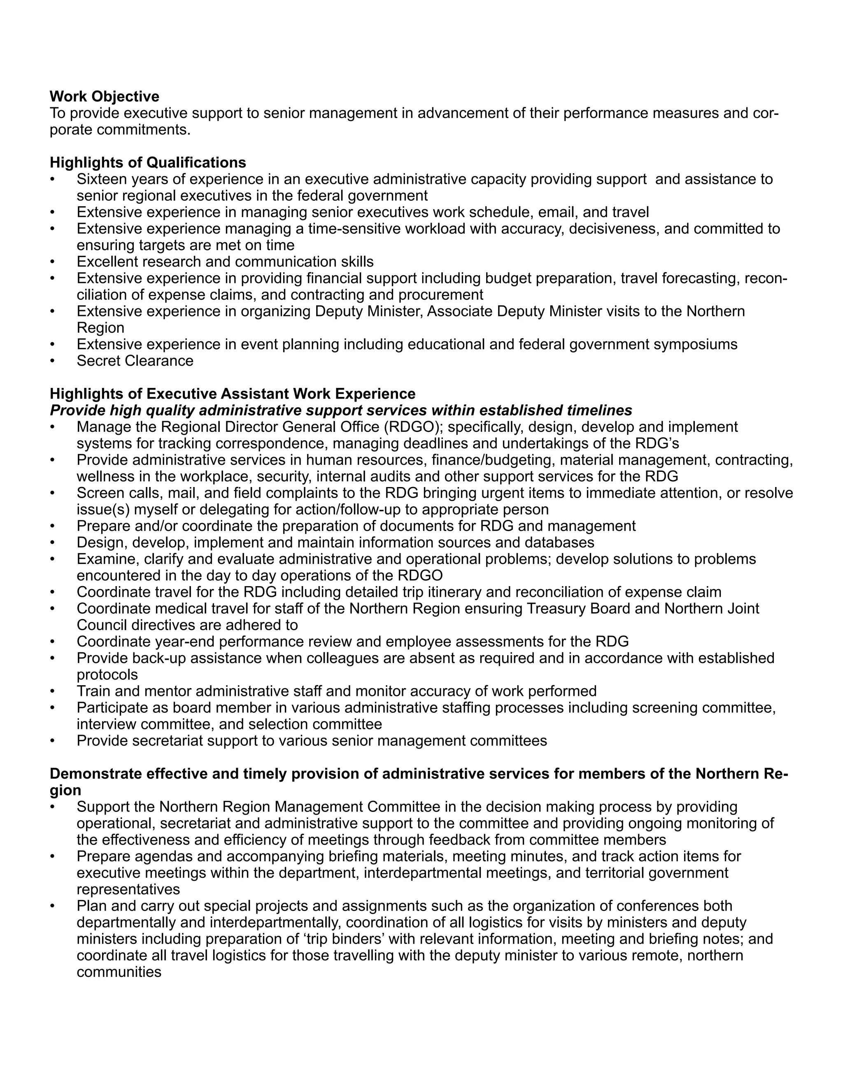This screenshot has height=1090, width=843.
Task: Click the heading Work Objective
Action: point(105,96)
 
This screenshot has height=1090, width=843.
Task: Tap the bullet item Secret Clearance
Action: point(135,360)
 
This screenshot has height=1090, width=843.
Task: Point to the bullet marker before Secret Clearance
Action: point(52,361)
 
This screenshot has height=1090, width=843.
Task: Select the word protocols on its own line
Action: point(107,674)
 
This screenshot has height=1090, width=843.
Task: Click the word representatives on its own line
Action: point(128,889)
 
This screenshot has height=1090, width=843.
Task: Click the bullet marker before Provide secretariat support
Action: point(52,741)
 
